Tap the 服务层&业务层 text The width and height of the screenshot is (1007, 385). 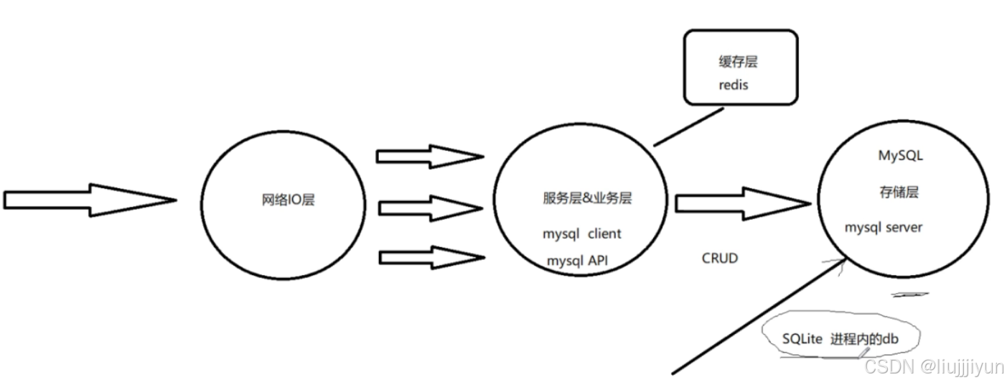tap(587, 199)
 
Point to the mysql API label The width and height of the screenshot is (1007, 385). tap(577, 261)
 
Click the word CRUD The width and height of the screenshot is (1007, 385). tap(719, 258)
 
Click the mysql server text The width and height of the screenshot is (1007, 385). tap(884, 228)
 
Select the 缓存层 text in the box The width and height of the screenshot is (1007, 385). tap(738, 62)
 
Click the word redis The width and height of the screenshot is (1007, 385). tap(733, 85)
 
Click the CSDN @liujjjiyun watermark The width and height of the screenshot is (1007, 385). tap(934, 367)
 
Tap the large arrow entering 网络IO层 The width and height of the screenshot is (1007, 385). tap(90, 200)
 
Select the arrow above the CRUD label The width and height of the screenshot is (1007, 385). tap(739, 203)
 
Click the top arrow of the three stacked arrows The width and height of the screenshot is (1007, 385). tap(429, 156)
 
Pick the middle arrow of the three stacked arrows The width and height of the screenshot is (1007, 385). tap(429, 208)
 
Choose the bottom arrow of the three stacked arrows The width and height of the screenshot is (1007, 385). tap(429, 256)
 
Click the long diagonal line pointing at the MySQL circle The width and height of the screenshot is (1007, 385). tap(754, 317)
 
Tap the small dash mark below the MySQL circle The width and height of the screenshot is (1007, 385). tap(910, 294)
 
